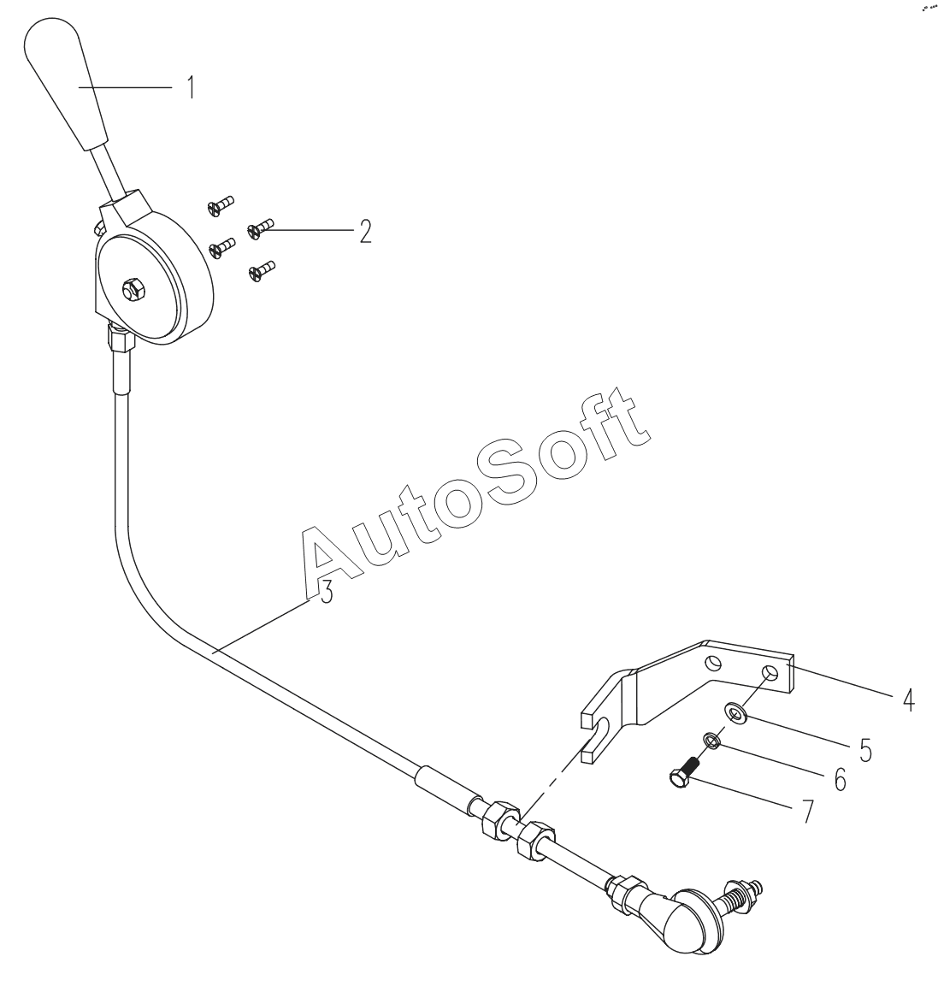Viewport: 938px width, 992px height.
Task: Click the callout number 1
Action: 192,87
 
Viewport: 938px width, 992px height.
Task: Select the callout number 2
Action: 365,232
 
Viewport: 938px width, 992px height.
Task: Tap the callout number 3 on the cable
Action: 325,593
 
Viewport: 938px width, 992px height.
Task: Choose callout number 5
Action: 865,750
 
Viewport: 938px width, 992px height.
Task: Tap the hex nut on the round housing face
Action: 133,291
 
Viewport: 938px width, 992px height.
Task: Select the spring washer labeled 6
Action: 711,739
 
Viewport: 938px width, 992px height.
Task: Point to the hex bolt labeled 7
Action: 681,773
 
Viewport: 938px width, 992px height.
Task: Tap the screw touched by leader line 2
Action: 259,227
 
